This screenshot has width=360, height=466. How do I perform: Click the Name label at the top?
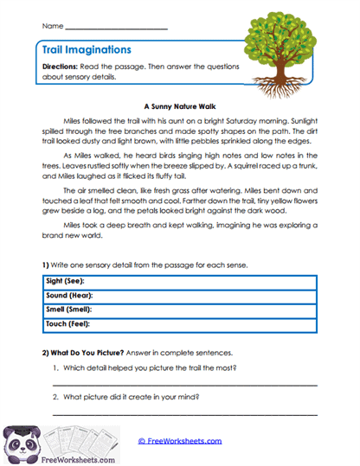coord(51,27)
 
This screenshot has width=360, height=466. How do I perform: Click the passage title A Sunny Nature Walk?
coord(177,100)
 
